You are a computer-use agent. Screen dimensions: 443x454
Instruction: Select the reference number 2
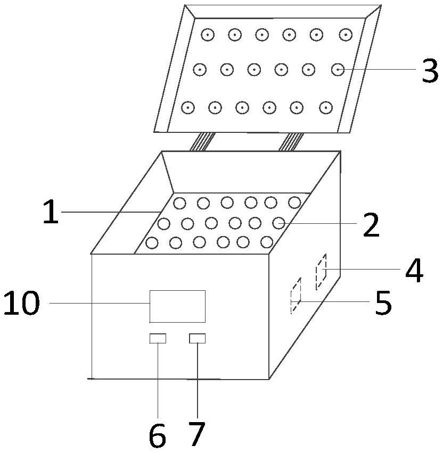coord(371,225)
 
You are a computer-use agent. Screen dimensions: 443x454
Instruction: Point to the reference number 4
coord(414,271)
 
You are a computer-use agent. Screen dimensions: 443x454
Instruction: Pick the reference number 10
coord(22,304)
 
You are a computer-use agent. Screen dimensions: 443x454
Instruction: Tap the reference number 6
coord(157,436)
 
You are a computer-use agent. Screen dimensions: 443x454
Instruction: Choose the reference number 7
coord(196,435)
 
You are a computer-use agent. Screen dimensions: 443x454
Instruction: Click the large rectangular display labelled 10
coord(177,306)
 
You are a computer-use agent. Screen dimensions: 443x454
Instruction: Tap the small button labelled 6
coord(158,338)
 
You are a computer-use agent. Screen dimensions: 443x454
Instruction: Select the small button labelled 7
coord(197,338)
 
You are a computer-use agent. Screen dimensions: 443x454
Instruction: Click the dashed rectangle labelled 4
coord(321,272)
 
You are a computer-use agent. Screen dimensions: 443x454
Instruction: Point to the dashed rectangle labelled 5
coord(296,296)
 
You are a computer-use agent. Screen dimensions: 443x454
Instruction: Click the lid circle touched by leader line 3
coord(338,69)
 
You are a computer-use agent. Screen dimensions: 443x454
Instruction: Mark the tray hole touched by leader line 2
coord(279,222)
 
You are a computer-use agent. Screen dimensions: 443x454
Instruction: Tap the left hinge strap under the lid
coord(202,141)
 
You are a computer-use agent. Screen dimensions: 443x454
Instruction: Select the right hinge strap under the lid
coord(292,141)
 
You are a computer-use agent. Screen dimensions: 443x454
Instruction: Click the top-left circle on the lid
coord(207,35)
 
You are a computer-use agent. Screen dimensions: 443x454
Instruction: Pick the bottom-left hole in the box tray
coord(152,243)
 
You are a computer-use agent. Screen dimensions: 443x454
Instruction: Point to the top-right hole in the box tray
coord(294,202)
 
